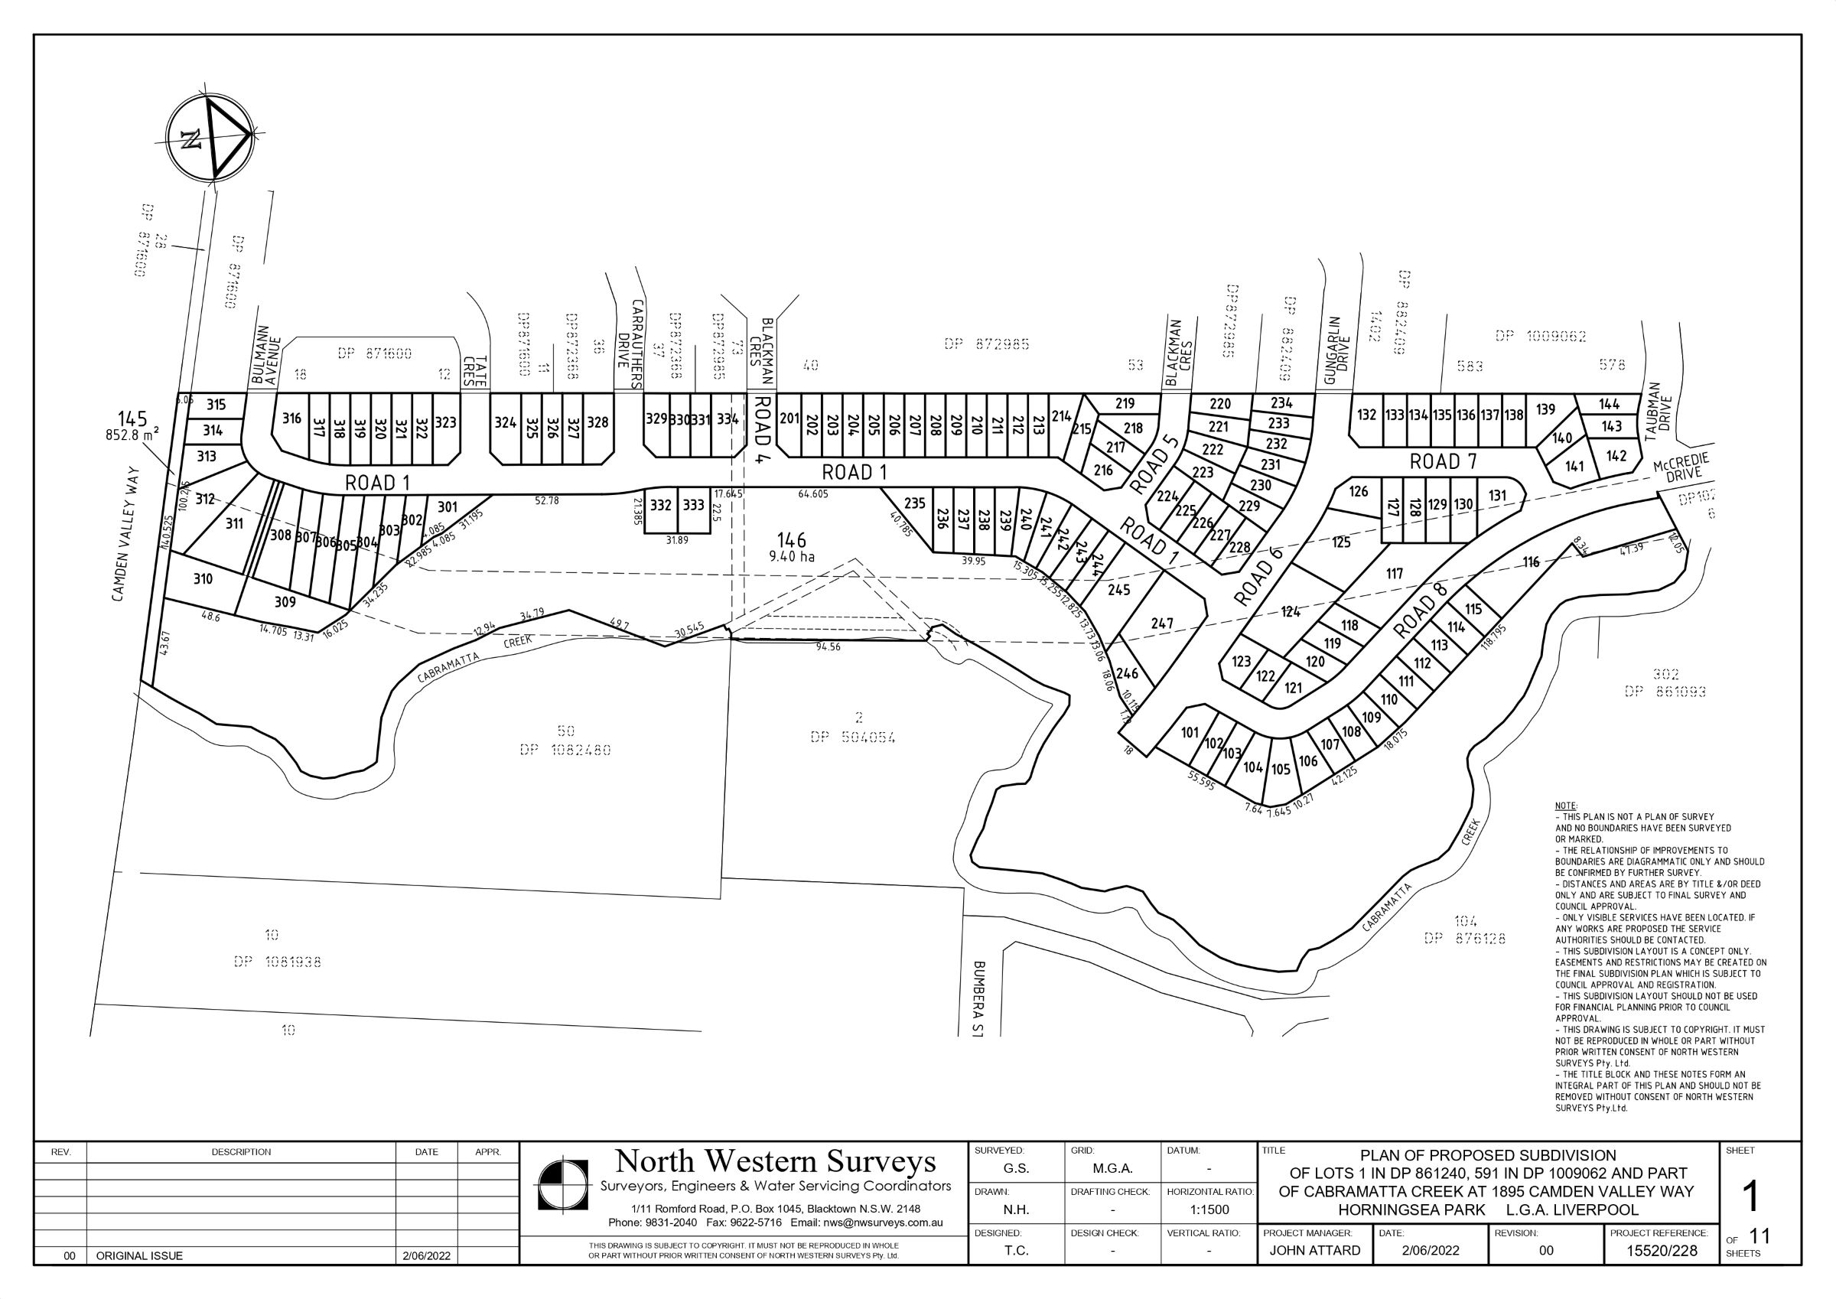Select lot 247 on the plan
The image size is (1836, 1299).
click(1162, 623)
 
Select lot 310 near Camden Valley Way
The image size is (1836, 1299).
click(203, 578)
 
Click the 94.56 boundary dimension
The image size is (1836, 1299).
click(828, 646)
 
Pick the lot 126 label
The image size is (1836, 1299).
click(1359, 491)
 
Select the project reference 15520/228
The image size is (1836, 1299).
click(1662, 1251)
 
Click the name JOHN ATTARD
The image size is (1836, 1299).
click(1314, 1251)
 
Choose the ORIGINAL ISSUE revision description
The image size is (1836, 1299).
click(139, 1256)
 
